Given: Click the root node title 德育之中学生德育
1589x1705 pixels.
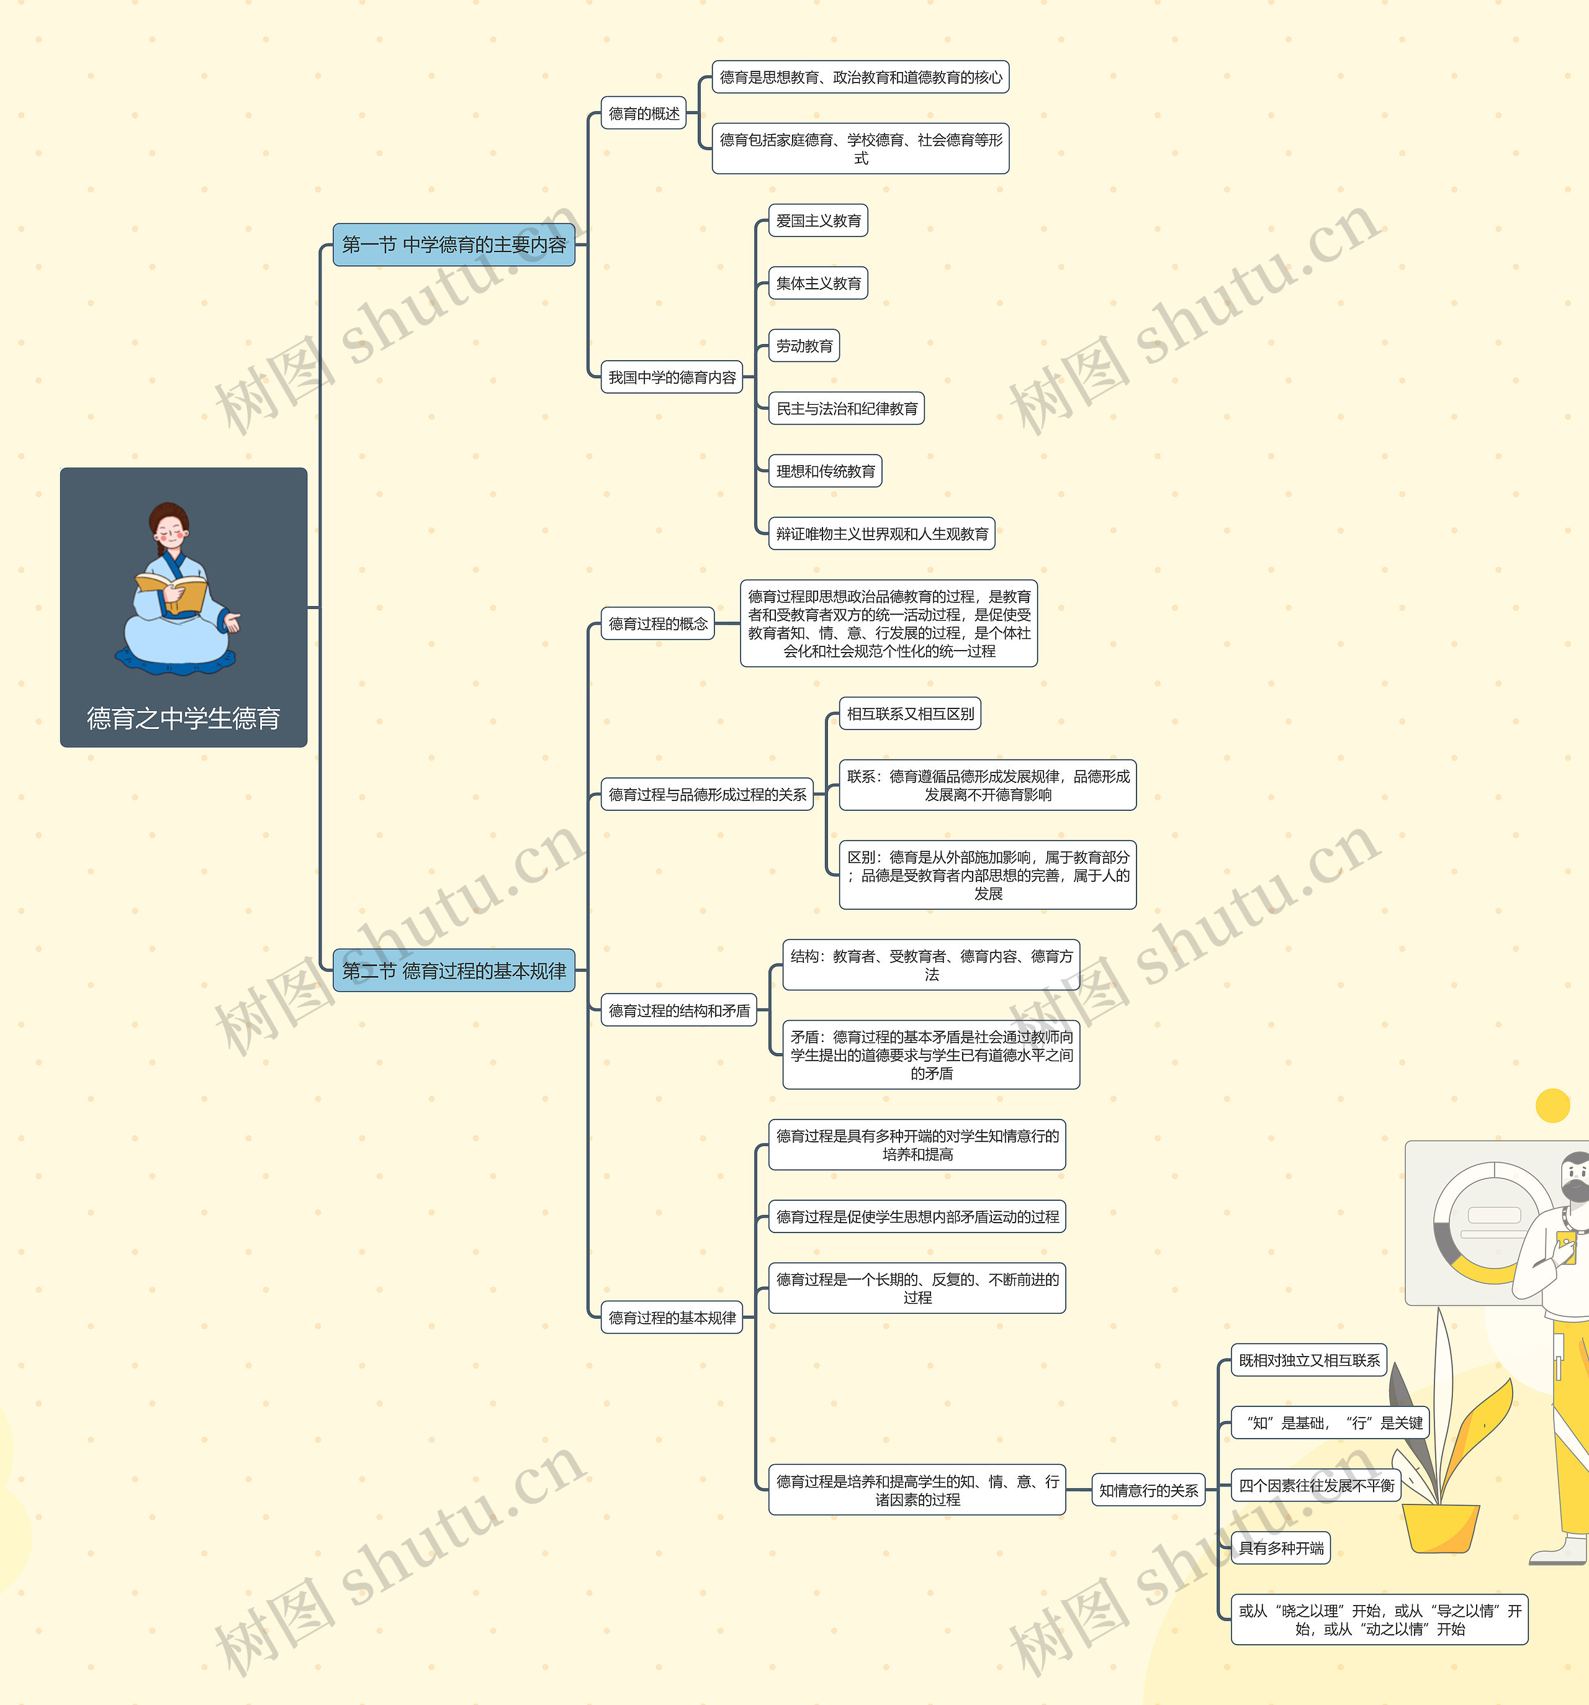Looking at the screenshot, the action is pos(184,718).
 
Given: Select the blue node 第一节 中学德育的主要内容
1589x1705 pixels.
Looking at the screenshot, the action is pos(454,245).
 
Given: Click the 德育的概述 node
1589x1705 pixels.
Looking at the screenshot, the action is pos(644,113).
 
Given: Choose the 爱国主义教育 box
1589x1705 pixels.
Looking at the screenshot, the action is pos(818,220).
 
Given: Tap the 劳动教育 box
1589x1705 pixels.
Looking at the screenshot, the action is pos(804,346).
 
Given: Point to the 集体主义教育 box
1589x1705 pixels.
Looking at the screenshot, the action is pos(818,283).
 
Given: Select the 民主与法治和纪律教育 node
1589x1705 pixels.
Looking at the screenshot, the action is pos(847,408).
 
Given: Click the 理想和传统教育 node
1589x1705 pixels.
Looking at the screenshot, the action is pos(826,471).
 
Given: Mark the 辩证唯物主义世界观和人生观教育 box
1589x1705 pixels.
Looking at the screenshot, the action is pos(881,533).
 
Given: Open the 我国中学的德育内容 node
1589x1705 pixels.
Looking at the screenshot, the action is pos(672,378).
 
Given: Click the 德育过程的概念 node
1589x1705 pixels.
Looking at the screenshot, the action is pos(658,623).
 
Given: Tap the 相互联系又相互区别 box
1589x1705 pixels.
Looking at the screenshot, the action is pos(910,713).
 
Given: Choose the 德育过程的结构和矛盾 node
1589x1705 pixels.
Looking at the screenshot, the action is pos(678,1010).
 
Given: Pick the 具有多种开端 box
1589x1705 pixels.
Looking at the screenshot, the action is pos(1281,1548).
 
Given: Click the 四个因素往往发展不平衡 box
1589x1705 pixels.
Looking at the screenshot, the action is pos(1315,1485).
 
